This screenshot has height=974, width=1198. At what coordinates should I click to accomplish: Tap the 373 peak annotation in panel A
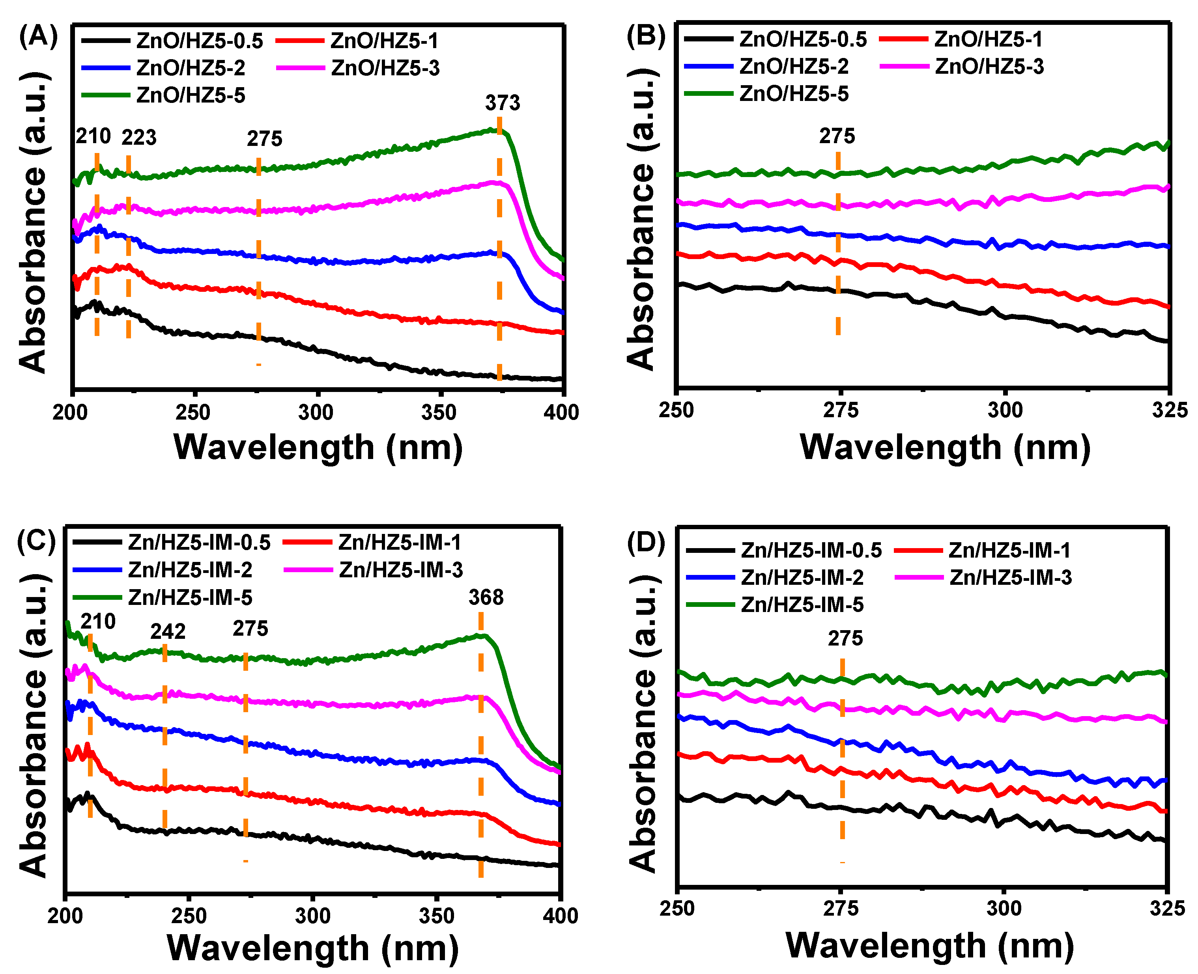click(x=502, y=103)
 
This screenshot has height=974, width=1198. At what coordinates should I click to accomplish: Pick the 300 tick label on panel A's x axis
click(x=316, y=412)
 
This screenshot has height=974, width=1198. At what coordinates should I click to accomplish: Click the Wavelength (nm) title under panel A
click(x=318, y=448)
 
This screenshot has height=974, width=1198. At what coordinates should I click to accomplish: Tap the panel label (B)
click(x=645, y=37)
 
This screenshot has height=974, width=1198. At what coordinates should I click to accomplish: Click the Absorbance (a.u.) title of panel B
click(x=641, y=219)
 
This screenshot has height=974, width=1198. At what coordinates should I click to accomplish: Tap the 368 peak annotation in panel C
click(x=486, y=597)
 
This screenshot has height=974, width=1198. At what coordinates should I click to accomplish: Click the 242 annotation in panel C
click(x=168, y=632)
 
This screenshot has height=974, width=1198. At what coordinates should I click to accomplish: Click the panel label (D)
click(x=645, y=543)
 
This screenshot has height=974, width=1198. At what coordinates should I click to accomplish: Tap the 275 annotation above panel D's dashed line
click(x=845, y=638)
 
